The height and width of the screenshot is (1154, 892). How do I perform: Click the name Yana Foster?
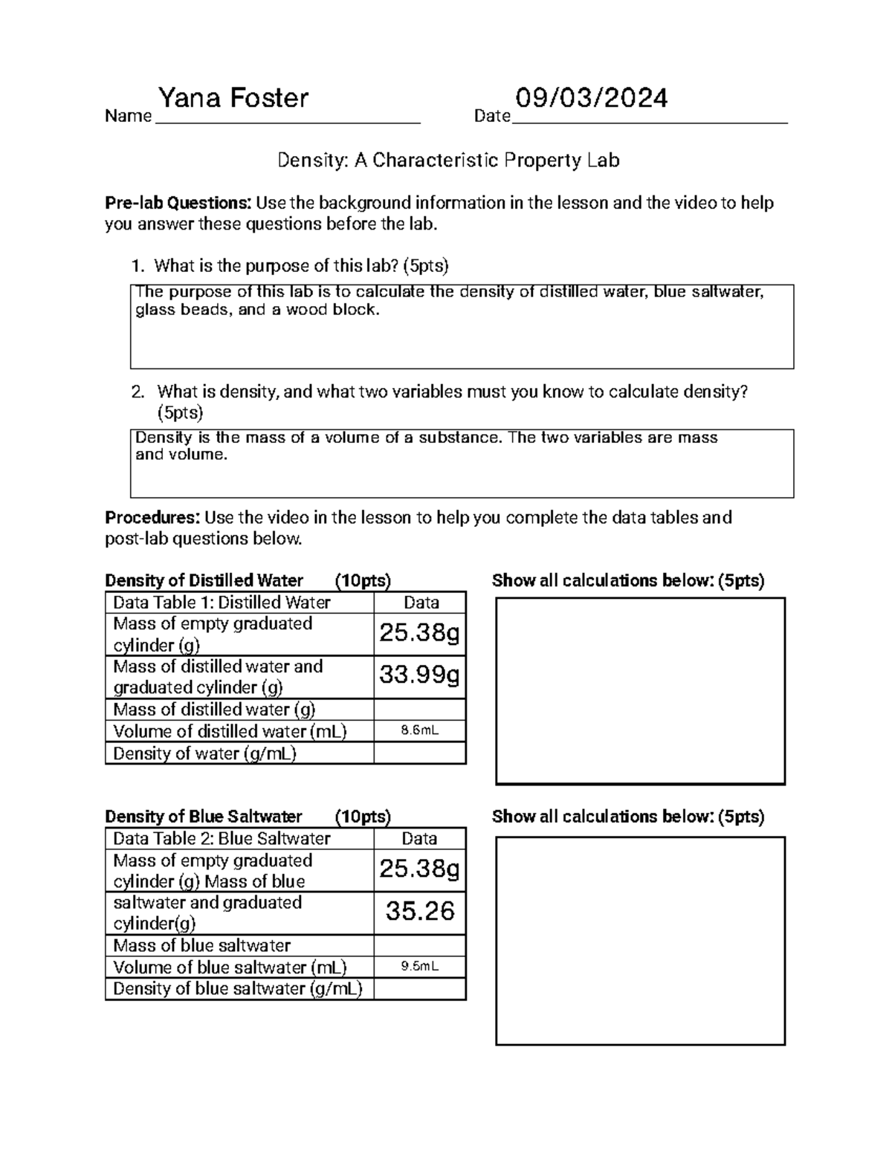233,98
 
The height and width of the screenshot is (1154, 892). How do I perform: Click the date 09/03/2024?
592,98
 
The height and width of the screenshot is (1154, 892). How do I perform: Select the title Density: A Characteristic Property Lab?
448,160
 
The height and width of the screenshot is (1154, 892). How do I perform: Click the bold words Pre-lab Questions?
178,203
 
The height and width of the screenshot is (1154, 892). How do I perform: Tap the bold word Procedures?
152,517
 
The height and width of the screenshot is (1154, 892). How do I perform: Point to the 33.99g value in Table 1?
419,675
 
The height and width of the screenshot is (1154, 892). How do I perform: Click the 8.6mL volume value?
419,730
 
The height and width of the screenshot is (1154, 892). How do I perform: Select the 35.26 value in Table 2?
419,912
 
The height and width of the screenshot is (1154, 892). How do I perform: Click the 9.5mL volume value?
419,967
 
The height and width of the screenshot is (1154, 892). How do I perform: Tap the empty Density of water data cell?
419,753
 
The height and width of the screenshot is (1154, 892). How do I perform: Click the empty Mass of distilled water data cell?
419,710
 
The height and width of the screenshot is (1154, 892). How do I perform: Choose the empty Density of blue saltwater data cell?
419,989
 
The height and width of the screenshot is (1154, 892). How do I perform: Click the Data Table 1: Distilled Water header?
222,603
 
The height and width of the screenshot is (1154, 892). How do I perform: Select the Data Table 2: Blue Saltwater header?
222,838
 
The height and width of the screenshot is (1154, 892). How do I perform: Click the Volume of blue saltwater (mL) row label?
230,967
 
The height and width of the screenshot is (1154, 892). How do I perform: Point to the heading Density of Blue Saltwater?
204,817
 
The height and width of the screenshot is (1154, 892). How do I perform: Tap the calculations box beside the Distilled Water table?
640,691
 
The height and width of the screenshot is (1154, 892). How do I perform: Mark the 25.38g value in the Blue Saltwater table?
419,869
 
